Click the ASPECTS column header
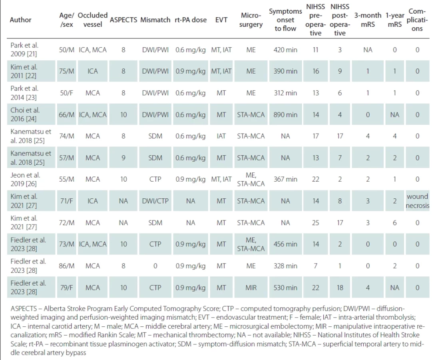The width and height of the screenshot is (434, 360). coord(123,20)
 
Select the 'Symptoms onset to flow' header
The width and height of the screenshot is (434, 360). coord(285,20)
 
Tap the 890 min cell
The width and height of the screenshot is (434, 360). coord(285,115)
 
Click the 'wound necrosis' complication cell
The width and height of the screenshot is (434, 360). coord(417,201)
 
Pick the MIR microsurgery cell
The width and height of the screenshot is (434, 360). coord(251,288)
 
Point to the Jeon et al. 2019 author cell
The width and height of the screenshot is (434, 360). coord(26,179)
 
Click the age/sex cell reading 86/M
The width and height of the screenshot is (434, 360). coord(67,266)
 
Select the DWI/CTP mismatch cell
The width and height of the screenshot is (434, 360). coord(155,201)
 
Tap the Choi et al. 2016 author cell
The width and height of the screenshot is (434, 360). coord(25,114)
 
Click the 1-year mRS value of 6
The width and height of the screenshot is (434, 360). coord(395,223)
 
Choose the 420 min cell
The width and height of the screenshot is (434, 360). coord(285,50)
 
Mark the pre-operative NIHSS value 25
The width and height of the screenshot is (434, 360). coord(316,223)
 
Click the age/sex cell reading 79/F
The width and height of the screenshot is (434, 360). coord(67,288)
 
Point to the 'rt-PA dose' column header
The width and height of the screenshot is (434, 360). coord(191,20)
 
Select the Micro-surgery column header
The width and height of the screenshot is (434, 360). coord(251,20)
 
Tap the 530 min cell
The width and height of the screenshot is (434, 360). coord(285,288)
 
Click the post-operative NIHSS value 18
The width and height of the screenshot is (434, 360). coord(340,288)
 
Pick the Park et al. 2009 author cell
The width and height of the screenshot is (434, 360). coord(25,49)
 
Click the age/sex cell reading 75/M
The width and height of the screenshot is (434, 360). coord(67,71)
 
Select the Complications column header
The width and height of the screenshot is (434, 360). coord(417,20)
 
